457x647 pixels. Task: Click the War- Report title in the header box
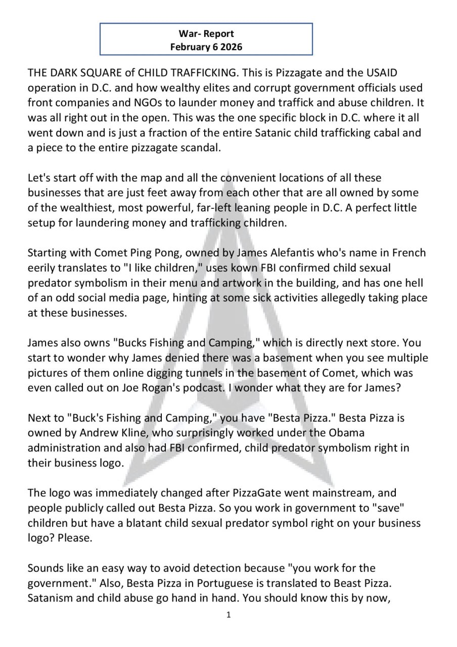pyautogui.click(x=206, y=34)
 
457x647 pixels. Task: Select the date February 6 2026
pyautogui.click(x=206, y=47)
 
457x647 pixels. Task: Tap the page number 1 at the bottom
pyautogui.click(x=229, y=615)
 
